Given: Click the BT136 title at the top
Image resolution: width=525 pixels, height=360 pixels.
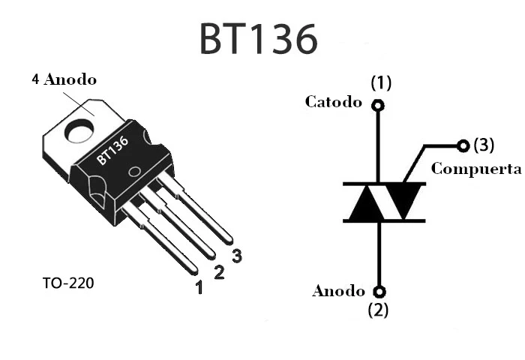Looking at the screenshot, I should coord(259,39).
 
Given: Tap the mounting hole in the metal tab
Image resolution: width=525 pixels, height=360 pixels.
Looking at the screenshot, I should coord(77,132).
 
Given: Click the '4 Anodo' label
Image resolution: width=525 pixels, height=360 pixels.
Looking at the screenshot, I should coord(64,79).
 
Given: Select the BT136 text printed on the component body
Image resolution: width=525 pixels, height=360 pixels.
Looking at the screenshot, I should coord(112,149).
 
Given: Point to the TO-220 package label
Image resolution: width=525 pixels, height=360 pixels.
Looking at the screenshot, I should coord(69,283).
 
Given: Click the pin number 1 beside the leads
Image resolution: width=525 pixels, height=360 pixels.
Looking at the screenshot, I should coord(199,286).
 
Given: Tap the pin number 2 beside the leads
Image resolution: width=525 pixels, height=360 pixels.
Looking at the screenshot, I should coord(219,271).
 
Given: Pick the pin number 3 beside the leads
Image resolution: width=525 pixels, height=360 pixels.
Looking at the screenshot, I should coord(237,256).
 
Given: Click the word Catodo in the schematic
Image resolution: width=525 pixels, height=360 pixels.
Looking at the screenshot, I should coord(333,102).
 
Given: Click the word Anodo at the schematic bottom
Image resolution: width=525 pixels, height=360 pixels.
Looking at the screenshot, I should coord(338,291).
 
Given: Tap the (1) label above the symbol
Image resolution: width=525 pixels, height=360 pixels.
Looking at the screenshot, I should coord(381,82).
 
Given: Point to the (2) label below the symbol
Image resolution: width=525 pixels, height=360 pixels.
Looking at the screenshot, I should coord(379,309).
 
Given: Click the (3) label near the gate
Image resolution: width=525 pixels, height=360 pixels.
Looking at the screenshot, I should coord(484,144).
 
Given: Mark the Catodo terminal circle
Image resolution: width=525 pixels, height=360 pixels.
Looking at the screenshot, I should coord(378,105).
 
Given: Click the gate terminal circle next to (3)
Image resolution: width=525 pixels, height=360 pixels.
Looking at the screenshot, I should coord(463,145).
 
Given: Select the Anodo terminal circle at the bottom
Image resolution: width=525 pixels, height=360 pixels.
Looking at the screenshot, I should coord(379,291).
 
